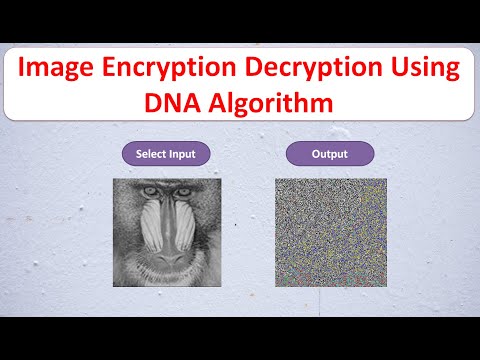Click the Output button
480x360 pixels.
coord(329,154)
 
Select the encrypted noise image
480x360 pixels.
coord(330,232)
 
